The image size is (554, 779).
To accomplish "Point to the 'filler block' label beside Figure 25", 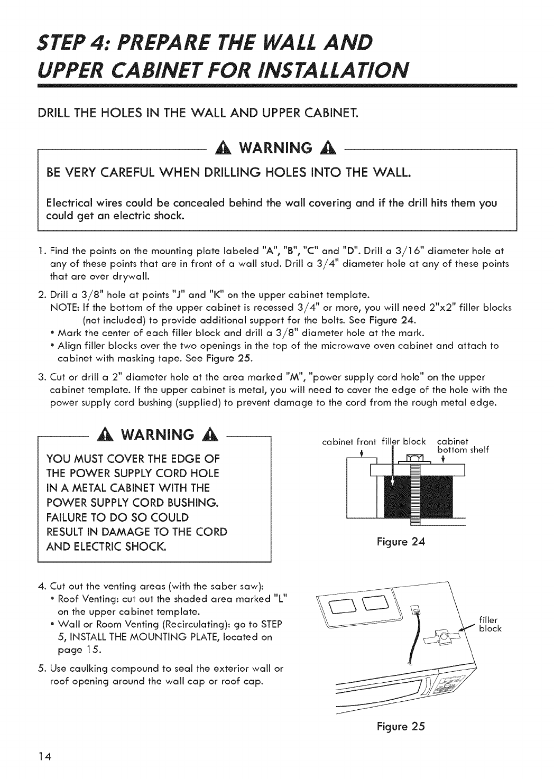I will click(490, 624).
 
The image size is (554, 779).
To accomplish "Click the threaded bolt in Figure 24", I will click(414, 491).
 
